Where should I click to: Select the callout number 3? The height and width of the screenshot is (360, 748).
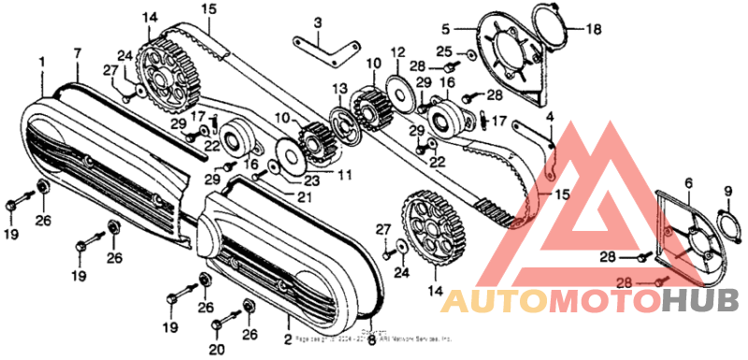tap(317, 22)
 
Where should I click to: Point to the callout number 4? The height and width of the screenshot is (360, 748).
tap(551, 117)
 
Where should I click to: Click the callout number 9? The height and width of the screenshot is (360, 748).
tap(727, 193)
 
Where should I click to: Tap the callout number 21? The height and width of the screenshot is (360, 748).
tap(303, 197)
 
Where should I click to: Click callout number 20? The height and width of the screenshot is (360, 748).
tap(217, 350)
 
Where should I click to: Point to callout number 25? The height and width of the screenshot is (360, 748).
tap(444, 51)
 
